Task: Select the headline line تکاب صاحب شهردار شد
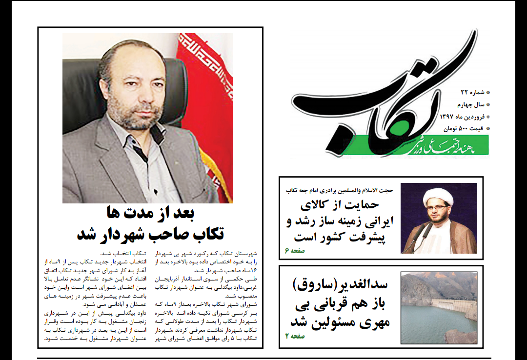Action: click(x=150, y=234)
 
